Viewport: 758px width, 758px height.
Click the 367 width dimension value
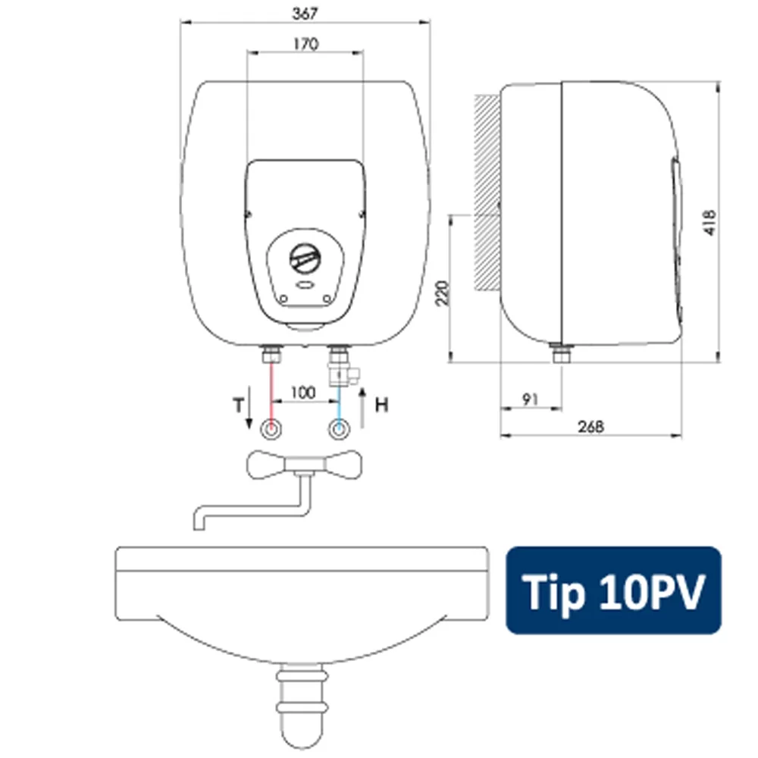click(305, 14)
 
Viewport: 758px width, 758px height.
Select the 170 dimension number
click(306, 44)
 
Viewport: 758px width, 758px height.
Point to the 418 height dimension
click(709, 223)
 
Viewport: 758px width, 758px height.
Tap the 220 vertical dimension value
click(443, 293)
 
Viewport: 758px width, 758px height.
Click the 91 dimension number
click(531, 399)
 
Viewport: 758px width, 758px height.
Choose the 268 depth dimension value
click(590, 426)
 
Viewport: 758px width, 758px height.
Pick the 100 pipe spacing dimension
click(303, 392)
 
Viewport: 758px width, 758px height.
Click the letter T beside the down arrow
click(238, 405)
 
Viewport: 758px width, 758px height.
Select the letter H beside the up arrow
click(381, 405)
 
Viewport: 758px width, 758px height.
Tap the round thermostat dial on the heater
click(305, 258)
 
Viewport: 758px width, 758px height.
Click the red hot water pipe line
click(271, 395)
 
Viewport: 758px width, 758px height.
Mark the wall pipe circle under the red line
click(271, 429)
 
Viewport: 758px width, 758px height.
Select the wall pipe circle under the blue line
click(340, 429)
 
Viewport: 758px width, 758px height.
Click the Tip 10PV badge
click(613, 590)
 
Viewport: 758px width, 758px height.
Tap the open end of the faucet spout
click(199, 528)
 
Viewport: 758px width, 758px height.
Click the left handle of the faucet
click(265, 465)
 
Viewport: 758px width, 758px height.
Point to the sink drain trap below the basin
click(302, 706)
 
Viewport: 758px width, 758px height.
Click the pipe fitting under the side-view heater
click(561, 353)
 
